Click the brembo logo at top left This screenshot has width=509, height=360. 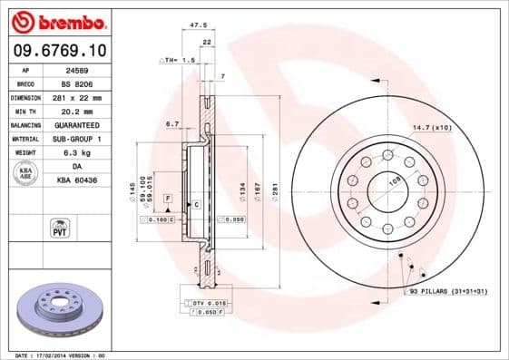click(x=59, y=21)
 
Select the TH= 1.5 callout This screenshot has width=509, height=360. click(x=179, y=60)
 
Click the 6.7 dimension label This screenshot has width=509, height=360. click(x=173, y=122)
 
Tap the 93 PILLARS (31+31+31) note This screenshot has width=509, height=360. click(x=448, y=291)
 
